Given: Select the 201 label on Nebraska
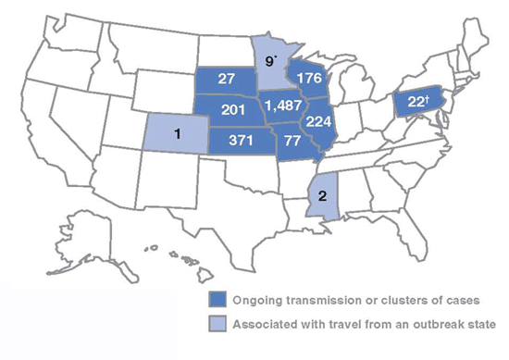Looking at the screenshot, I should click(226, 108).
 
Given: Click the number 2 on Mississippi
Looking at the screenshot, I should click(320, 195).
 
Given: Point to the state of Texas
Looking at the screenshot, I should click(227, 199).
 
